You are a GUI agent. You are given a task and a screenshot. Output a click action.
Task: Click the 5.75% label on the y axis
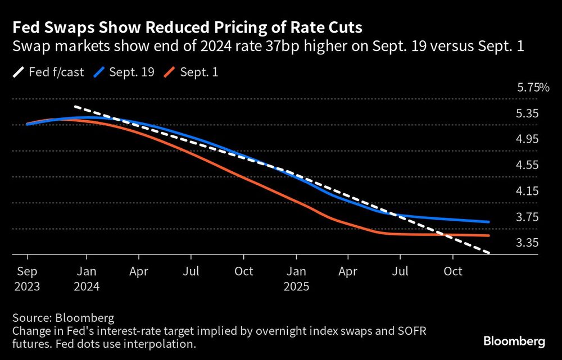pyautogui.click(x=533, y=88)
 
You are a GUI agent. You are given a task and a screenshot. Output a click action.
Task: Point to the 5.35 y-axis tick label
pyautogui.click(x=528, y=113)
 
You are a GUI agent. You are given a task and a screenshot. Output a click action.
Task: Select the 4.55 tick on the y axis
pyautogui.click(x=528, y=165)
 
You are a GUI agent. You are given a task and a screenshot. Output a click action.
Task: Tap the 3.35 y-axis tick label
pyautogui.click(x=528, y=243)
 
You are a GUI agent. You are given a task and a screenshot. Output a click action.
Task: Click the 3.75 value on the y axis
pyautogui.click(x=528, y=217)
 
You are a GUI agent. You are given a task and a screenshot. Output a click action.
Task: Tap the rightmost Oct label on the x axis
pyautogui.click(x=453, y=272)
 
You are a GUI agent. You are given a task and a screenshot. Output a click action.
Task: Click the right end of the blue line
pyautogui.click(x=489, y=222)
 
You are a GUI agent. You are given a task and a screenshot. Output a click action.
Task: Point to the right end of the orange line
pyautogui.click(x=489, y=236)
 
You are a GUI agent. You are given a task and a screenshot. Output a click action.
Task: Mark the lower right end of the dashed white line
pyautogui.click(x=490, y=253)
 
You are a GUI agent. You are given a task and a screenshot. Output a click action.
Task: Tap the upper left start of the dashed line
pyautogui.click(x=75, y=106)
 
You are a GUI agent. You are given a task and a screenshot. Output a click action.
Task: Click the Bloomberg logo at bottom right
pyautogui.click(x=514, y=341)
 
